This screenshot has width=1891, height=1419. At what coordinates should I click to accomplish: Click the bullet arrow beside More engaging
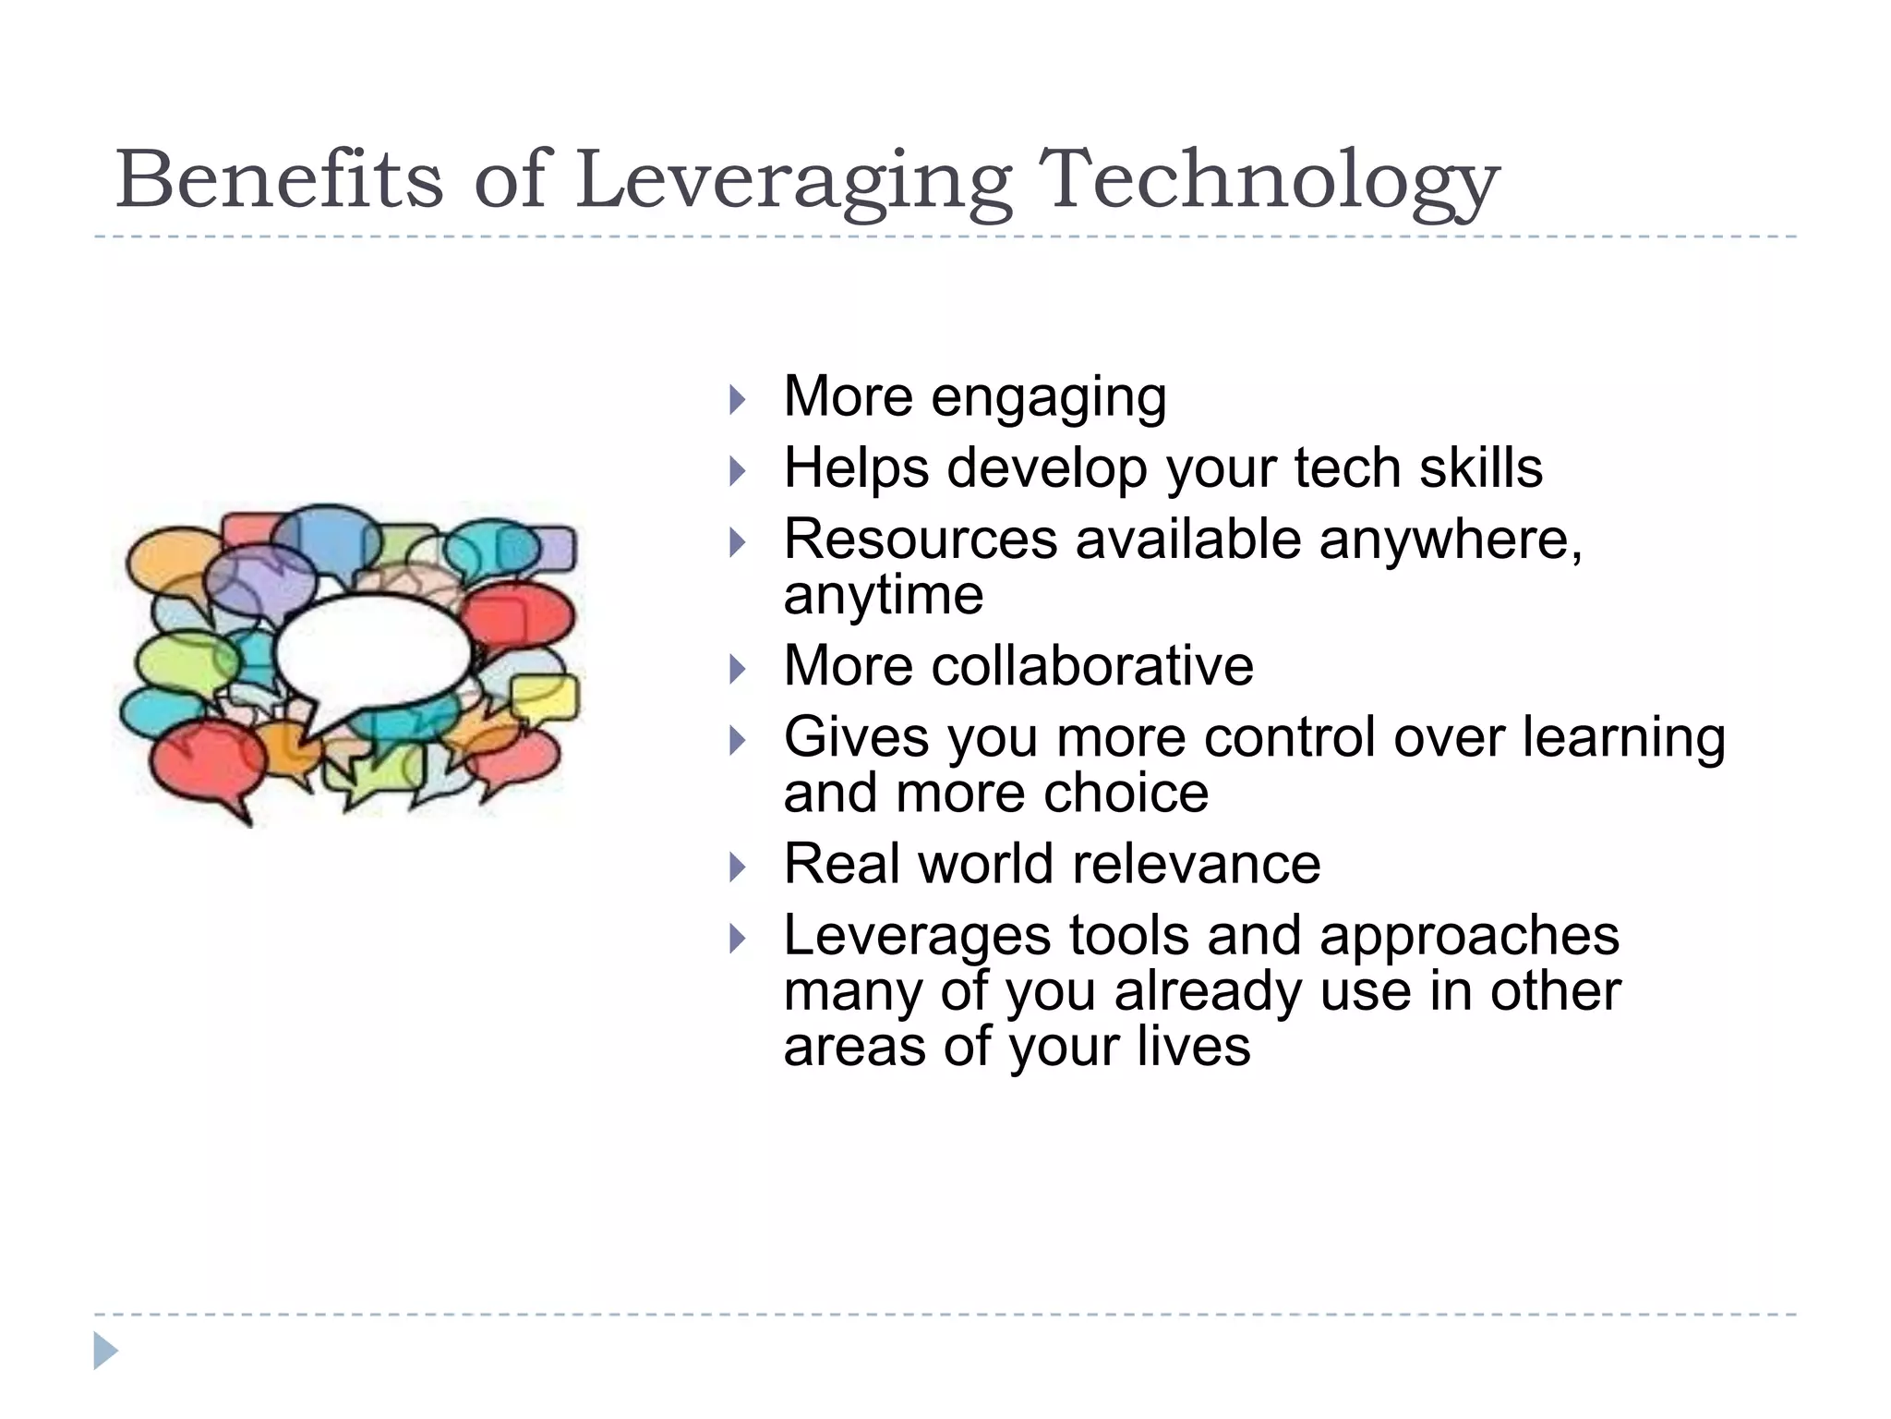coord(736,400)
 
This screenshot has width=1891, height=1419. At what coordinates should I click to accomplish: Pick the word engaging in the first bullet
coord(1048,398)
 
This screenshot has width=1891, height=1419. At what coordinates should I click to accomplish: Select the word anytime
coord(883,595)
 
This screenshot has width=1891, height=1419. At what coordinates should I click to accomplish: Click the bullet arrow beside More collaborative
coord(736,669)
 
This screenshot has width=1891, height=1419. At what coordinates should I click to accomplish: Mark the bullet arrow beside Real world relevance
coord(736,867)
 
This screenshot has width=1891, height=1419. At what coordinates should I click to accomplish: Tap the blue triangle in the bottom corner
coord(105,1351)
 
